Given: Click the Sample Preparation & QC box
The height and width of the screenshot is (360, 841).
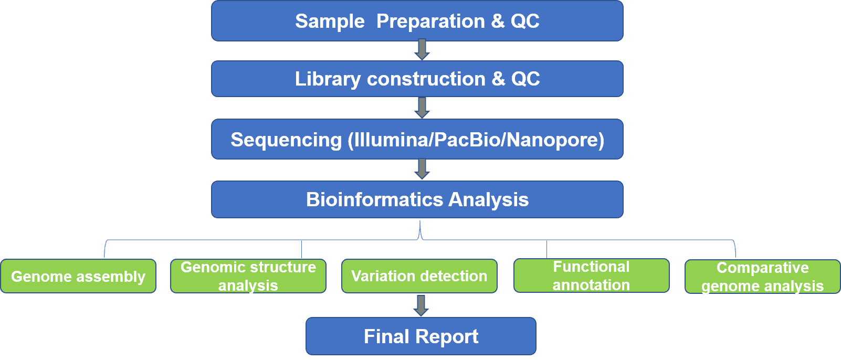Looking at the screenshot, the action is tap(417, 20).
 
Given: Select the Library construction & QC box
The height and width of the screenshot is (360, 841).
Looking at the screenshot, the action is tap(417, 79).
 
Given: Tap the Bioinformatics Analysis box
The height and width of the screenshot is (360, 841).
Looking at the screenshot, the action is tap(417, 199).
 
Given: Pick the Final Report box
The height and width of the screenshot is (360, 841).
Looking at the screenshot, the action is tap(421, 336).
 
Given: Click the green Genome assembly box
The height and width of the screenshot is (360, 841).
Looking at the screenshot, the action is tap(78, 276).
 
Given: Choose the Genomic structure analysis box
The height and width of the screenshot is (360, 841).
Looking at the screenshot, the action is tap(248, 276).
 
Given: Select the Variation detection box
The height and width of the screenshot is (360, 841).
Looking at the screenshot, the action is tap(419, 276).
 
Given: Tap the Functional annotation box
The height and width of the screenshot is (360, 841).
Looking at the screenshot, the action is tap(591, 276).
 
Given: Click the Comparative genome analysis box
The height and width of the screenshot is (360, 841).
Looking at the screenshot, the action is tap(763, 276).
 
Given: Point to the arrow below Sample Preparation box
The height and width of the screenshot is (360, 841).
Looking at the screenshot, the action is tap(422, 49).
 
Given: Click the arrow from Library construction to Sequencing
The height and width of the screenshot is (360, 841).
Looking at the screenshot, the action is tap(422, 108).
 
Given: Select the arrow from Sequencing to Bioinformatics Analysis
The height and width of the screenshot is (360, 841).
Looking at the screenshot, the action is tap(422, 169).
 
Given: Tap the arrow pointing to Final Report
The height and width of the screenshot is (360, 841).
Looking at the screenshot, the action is tap(421, 305).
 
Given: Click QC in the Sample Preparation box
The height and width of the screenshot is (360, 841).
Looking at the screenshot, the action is tap(525, 21).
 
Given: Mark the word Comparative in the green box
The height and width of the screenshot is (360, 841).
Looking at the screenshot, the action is tap(763, 268).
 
